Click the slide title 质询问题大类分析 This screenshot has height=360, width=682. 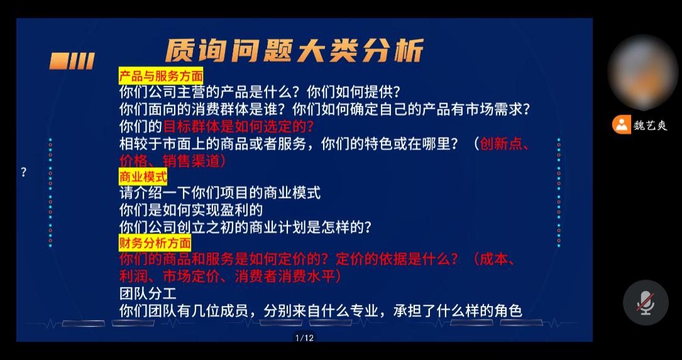coord(294,52)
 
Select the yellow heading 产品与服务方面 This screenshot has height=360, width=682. coord(161,77)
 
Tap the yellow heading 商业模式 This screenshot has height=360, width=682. coord(143,178)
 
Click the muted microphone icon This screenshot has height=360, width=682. coord(646,303)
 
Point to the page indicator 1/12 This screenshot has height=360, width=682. coord(304,338)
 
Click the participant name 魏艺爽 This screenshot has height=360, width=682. coord(650,126)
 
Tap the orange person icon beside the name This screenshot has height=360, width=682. coord(622,125)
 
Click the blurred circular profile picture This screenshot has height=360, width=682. coord(642,72)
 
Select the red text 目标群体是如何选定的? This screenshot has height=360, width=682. coord(238,127)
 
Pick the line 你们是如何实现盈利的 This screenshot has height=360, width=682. coord(191,210)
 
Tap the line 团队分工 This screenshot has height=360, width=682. coord(148,293)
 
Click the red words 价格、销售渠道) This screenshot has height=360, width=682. coord(173,160)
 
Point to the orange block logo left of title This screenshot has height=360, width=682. coord(72,62)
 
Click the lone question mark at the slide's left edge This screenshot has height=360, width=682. coord(24,172)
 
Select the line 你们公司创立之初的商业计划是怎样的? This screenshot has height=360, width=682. coord(245,227)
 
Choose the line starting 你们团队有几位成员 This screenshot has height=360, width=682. coord(321,311)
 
